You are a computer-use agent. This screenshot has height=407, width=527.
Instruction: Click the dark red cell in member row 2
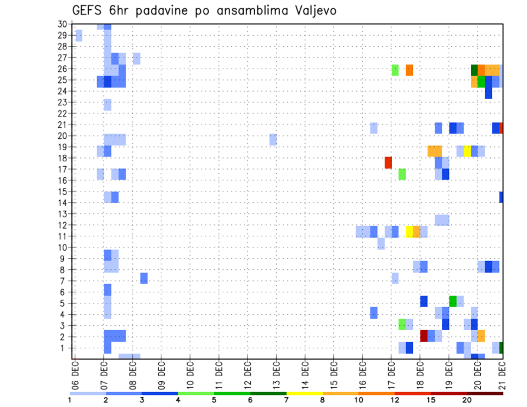point(424,336)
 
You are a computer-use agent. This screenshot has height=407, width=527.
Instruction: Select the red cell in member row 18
point(388,162)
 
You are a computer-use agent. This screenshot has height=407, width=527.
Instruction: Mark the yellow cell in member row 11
point(409,231)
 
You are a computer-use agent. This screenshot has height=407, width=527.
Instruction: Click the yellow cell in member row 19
point(467,151)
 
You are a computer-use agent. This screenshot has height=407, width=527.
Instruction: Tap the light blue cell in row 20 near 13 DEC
point(273,139)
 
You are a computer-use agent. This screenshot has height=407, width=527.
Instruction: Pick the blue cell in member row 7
point(144,278)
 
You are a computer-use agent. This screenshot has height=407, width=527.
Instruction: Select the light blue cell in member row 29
point(79,36)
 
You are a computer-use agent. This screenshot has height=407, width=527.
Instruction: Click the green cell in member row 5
point(453,301)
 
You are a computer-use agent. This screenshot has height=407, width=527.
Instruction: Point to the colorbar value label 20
point(467,399)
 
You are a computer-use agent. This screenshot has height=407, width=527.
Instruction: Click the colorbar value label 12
point(394,399)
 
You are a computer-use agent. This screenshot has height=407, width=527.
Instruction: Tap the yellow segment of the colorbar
point(304,393)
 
